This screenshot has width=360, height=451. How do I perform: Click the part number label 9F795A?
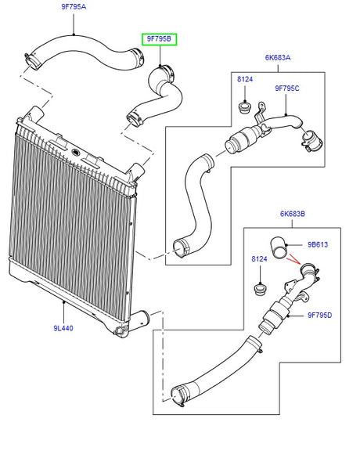pos(74,9)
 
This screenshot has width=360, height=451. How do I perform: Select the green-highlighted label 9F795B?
pos(160,38)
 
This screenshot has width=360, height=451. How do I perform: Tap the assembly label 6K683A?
pos(277,56)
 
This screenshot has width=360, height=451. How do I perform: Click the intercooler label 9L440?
pos(63,329)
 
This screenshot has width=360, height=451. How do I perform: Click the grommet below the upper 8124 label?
pos(244,106)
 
